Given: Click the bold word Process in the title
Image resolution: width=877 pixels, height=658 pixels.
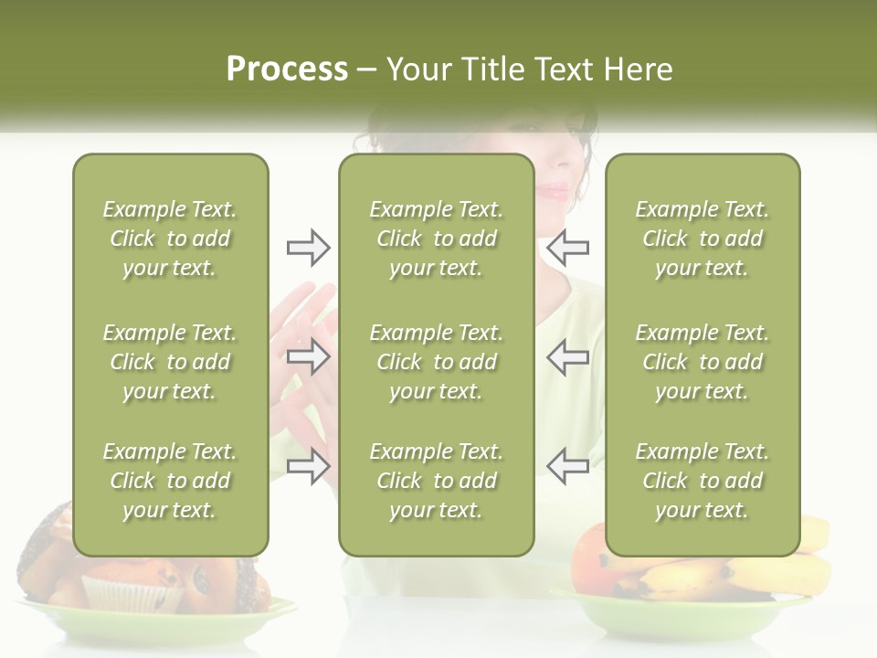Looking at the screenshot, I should (x=287, y=69).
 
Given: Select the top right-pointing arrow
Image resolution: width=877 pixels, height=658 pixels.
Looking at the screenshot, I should (x=308, y=248).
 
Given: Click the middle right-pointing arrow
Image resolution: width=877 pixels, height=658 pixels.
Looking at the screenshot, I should (x=308, y=356).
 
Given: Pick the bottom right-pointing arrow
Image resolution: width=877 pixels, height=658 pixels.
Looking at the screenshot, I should (x=308, y=466).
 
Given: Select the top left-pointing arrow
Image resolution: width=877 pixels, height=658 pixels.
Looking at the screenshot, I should (x=568, y=248).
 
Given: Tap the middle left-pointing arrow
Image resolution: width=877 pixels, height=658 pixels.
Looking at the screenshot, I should (x=568, y=356).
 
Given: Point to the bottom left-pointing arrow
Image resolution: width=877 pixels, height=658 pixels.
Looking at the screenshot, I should (x=568, y=466).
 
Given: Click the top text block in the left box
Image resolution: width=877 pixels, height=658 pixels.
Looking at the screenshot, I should (x=170, y=239).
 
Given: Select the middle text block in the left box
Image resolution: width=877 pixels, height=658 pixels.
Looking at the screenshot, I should (x=170, y=362).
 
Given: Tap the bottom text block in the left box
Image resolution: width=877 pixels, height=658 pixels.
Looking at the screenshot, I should (x=170, y=481).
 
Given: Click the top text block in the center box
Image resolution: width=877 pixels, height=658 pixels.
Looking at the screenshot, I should (x=436, y=239).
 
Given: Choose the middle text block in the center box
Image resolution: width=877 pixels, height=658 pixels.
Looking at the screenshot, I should (x=436, y=362).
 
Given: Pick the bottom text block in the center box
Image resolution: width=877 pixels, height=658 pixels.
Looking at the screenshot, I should (x=436, y=481).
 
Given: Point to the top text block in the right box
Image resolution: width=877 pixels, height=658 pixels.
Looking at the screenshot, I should (x=702, y=239).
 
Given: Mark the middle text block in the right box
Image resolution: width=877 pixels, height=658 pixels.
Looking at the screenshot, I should (x=702, y=362).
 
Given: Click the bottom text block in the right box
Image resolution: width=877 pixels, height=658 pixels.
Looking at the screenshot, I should (x=702, y=481).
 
